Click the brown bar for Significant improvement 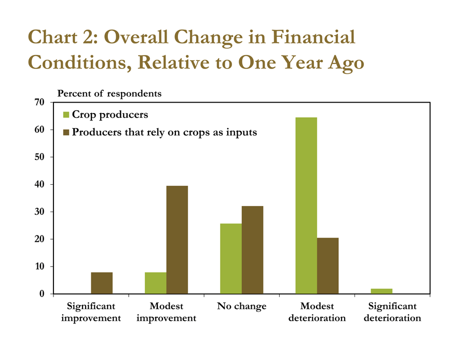(102, 283)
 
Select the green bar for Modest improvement (156, 283)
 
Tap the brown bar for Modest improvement (177, 240)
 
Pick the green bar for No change (231, 259)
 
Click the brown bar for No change (252, 250)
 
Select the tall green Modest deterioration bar (306, 205)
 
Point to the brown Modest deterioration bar (328, 266)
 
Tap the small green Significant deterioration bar (381, 291)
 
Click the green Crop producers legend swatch (66, 115)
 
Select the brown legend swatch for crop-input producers (66, 132)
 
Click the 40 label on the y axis (39, 185)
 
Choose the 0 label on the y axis (42, 294)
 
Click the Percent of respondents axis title (109, 93)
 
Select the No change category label (242, 306)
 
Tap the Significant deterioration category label (392, 312)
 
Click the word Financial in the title (313, 37)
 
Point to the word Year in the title (302, 62)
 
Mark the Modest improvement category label (167, 312)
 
